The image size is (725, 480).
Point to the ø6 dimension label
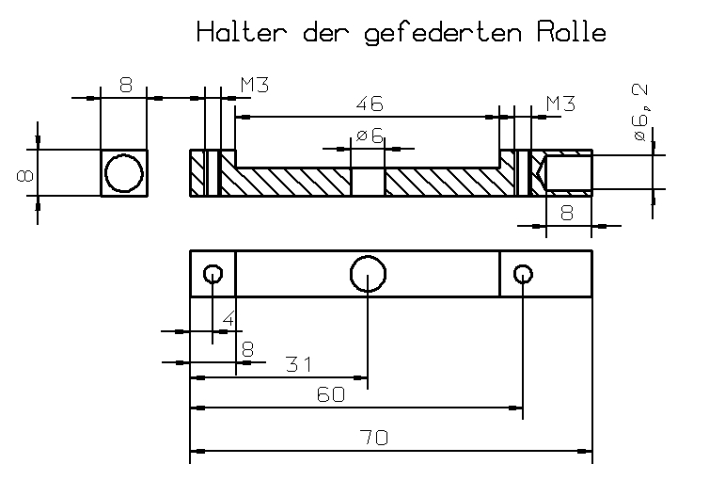tap(370, 136)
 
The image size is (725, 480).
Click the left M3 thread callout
tap(255, 85)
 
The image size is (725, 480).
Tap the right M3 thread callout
tap(560, 103)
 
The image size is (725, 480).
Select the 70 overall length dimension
tap(374, 438)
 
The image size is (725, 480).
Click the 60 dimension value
tap(330, 395)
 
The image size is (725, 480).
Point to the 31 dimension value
tap(298, 363)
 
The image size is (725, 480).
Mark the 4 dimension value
tap(229, 320)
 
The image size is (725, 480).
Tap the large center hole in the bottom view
tap(368, 274)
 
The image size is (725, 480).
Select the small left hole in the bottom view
tap(213, 274)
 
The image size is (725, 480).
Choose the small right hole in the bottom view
tap(524, 274)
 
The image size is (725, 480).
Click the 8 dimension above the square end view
tap(125, 85)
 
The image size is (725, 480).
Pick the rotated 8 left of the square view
tap(26, 174)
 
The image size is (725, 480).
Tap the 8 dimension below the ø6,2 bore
tap(567, 213)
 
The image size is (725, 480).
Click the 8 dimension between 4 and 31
tap(247, 348)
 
